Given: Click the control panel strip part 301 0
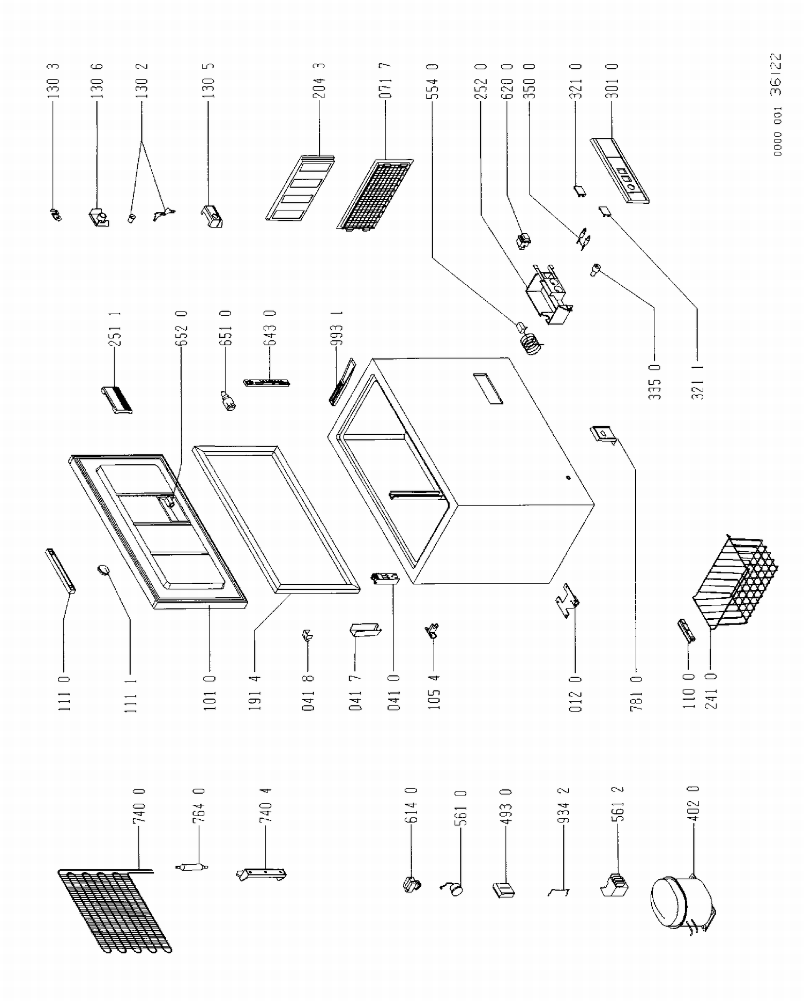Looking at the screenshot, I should (x=621, y=171).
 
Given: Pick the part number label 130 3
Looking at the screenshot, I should (x=54, y=81).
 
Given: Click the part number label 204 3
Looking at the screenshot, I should (x=319, y=81).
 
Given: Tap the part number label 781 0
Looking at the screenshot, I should (x=636, y=694).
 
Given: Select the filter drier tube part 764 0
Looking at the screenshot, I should (x=191, y=867).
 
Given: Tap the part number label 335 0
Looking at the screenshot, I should (x=654, y=382).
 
